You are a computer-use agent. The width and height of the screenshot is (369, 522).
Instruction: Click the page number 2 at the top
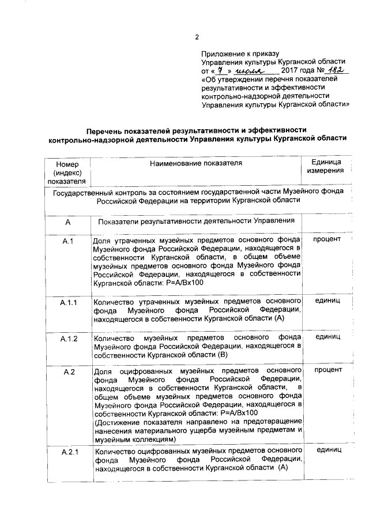pyautogui.click(x=197, y=37)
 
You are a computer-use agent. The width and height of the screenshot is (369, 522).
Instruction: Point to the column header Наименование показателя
pyautogui.click(x=196, y=163)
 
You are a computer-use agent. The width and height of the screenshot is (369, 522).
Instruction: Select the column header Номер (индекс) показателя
pyautogui.click(x=67, y=173)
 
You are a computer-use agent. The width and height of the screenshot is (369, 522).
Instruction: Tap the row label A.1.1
pyautogui.click(x=68, y=302)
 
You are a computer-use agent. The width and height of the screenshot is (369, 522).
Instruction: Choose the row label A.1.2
pyautogui.click(x=68, y=338)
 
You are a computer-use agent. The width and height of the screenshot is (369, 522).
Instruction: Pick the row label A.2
pyautogui.click(x=68, y=371)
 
